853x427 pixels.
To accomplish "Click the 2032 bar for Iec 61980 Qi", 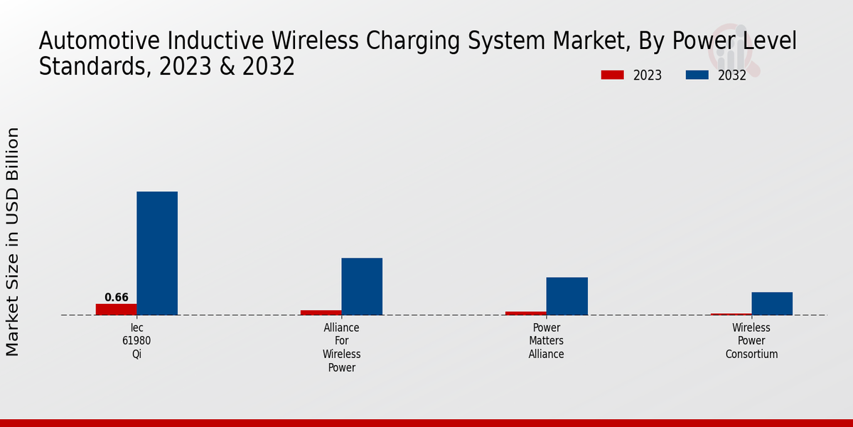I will (x=157, y=253).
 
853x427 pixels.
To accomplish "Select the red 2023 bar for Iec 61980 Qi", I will (x=116, y=310).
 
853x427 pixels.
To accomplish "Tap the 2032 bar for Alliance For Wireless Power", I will (x=362, y=286).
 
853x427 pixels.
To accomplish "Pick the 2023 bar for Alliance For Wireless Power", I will (x=321, y=312).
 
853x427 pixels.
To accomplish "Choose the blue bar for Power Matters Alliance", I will (x=567, y=296).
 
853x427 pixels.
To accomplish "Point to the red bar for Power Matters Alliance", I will (x=526, y=313).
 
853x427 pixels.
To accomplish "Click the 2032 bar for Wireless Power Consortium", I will (x=772, y=303).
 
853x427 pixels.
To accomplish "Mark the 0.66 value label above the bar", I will (x=116, y=297).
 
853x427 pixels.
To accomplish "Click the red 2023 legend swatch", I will (x=612, y=75).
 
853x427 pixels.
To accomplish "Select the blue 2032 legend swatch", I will (x=697, y=75).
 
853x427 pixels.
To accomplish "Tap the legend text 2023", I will (x=648, y=75).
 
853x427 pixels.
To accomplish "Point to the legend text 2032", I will (x=732, y=75).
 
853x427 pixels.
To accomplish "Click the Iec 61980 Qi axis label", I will (x=136, y=341).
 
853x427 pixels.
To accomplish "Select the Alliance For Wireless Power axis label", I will (x=342, y=347).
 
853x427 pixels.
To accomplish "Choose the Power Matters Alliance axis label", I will (x=547, y=341).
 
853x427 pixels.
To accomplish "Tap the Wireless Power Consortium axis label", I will (x=751, y=341).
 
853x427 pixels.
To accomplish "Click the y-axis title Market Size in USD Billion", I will (x=13, y=242).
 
